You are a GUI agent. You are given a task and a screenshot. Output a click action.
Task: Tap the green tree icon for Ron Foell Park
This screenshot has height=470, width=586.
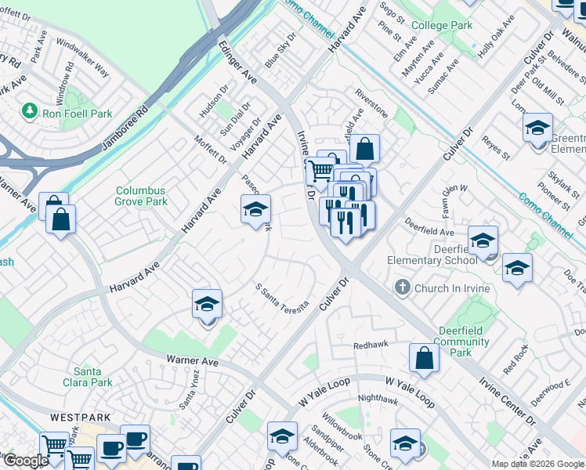click(x=31, y=111)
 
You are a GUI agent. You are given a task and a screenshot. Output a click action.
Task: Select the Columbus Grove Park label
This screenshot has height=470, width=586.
click(x=141, y=196)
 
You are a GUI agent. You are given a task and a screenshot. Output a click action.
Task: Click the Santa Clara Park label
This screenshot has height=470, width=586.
click(x=93, y=377)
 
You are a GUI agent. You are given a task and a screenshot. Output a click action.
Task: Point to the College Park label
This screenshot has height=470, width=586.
click(x=442, y=26)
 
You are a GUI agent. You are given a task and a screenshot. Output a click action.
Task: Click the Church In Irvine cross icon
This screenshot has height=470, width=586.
click(x=403, y=288)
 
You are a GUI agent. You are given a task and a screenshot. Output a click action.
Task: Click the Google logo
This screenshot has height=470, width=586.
click(x=25, y=461)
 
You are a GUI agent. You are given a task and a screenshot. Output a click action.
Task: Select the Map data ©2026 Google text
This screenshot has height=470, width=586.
click(x=537, y=464)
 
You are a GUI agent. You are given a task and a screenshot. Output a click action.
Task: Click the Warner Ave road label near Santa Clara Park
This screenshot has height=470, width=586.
click(x=192, y=361)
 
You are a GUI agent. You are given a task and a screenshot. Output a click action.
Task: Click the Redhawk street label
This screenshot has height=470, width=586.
click(x=371, y=345)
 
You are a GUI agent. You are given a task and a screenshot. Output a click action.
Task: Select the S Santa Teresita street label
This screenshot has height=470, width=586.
click(x=282, y=296)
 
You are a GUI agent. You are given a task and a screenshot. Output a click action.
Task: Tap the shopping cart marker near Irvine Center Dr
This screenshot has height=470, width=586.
click(x=320, y=170)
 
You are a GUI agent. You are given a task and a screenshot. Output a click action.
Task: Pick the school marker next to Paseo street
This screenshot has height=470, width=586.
click(x=255, y=209)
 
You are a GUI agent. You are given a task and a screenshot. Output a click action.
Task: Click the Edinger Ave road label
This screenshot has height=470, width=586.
click(x=238, y=63)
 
